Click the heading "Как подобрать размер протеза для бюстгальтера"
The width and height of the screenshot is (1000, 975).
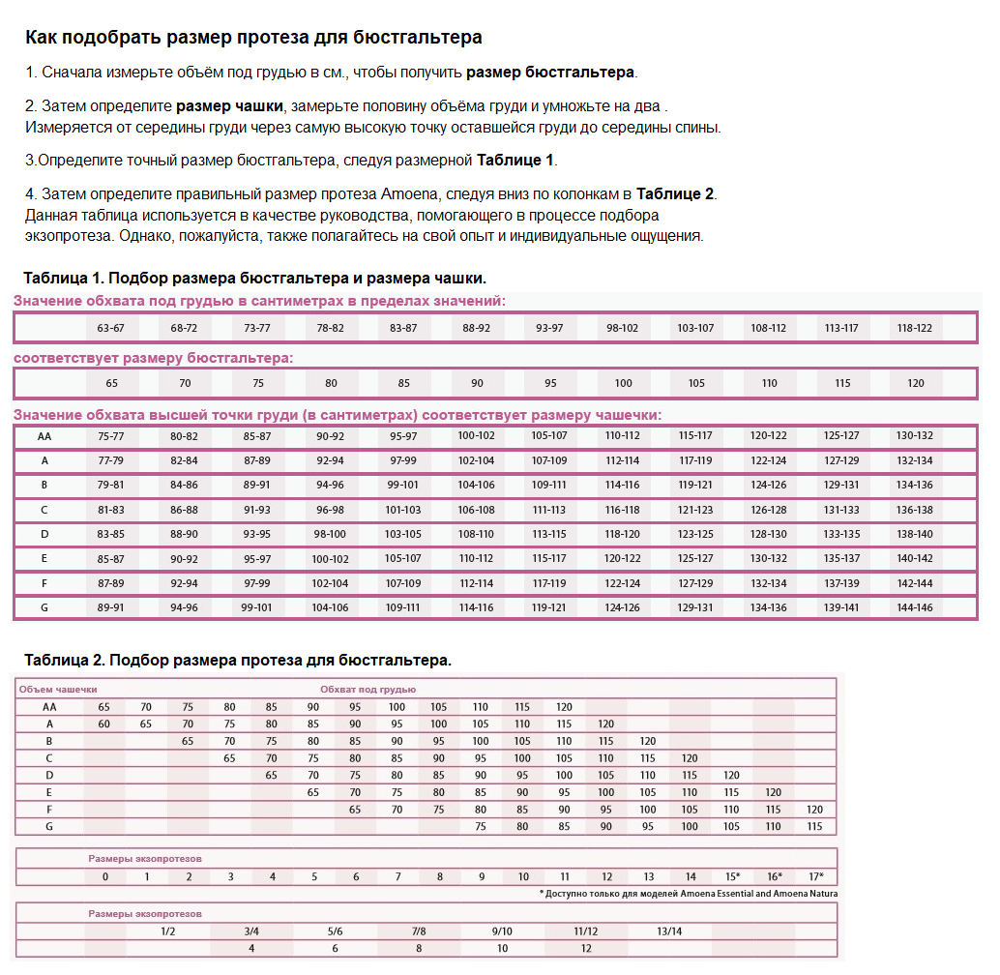pos(252,38)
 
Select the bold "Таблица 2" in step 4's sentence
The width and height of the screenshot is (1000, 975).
pos(674,193)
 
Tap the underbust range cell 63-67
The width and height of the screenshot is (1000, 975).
pos(111,328)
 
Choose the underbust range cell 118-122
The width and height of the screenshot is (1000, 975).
pos(914,328)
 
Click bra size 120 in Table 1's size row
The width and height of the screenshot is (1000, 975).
pos(914,383)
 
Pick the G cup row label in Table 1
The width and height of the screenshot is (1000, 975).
pos(44,607)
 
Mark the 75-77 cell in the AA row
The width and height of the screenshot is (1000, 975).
pos(111,436)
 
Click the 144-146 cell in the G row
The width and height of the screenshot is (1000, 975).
pos(914,607)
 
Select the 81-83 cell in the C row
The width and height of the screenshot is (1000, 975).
pos(111,510)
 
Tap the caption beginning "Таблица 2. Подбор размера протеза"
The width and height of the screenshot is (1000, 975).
pos(237,660)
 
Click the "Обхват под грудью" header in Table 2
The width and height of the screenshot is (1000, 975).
pos(368,690)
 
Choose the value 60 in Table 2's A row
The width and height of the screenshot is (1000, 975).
pos(104,724)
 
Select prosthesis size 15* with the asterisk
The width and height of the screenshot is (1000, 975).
pos(732,877)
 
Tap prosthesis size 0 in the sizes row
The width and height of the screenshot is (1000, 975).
pos(104,877)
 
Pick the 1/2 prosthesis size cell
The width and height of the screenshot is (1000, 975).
pos(168,931)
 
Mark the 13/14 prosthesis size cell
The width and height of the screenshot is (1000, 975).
pos(669,931)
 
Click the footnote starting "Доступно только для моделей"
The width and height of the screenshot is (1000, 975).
pos(689,894)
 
